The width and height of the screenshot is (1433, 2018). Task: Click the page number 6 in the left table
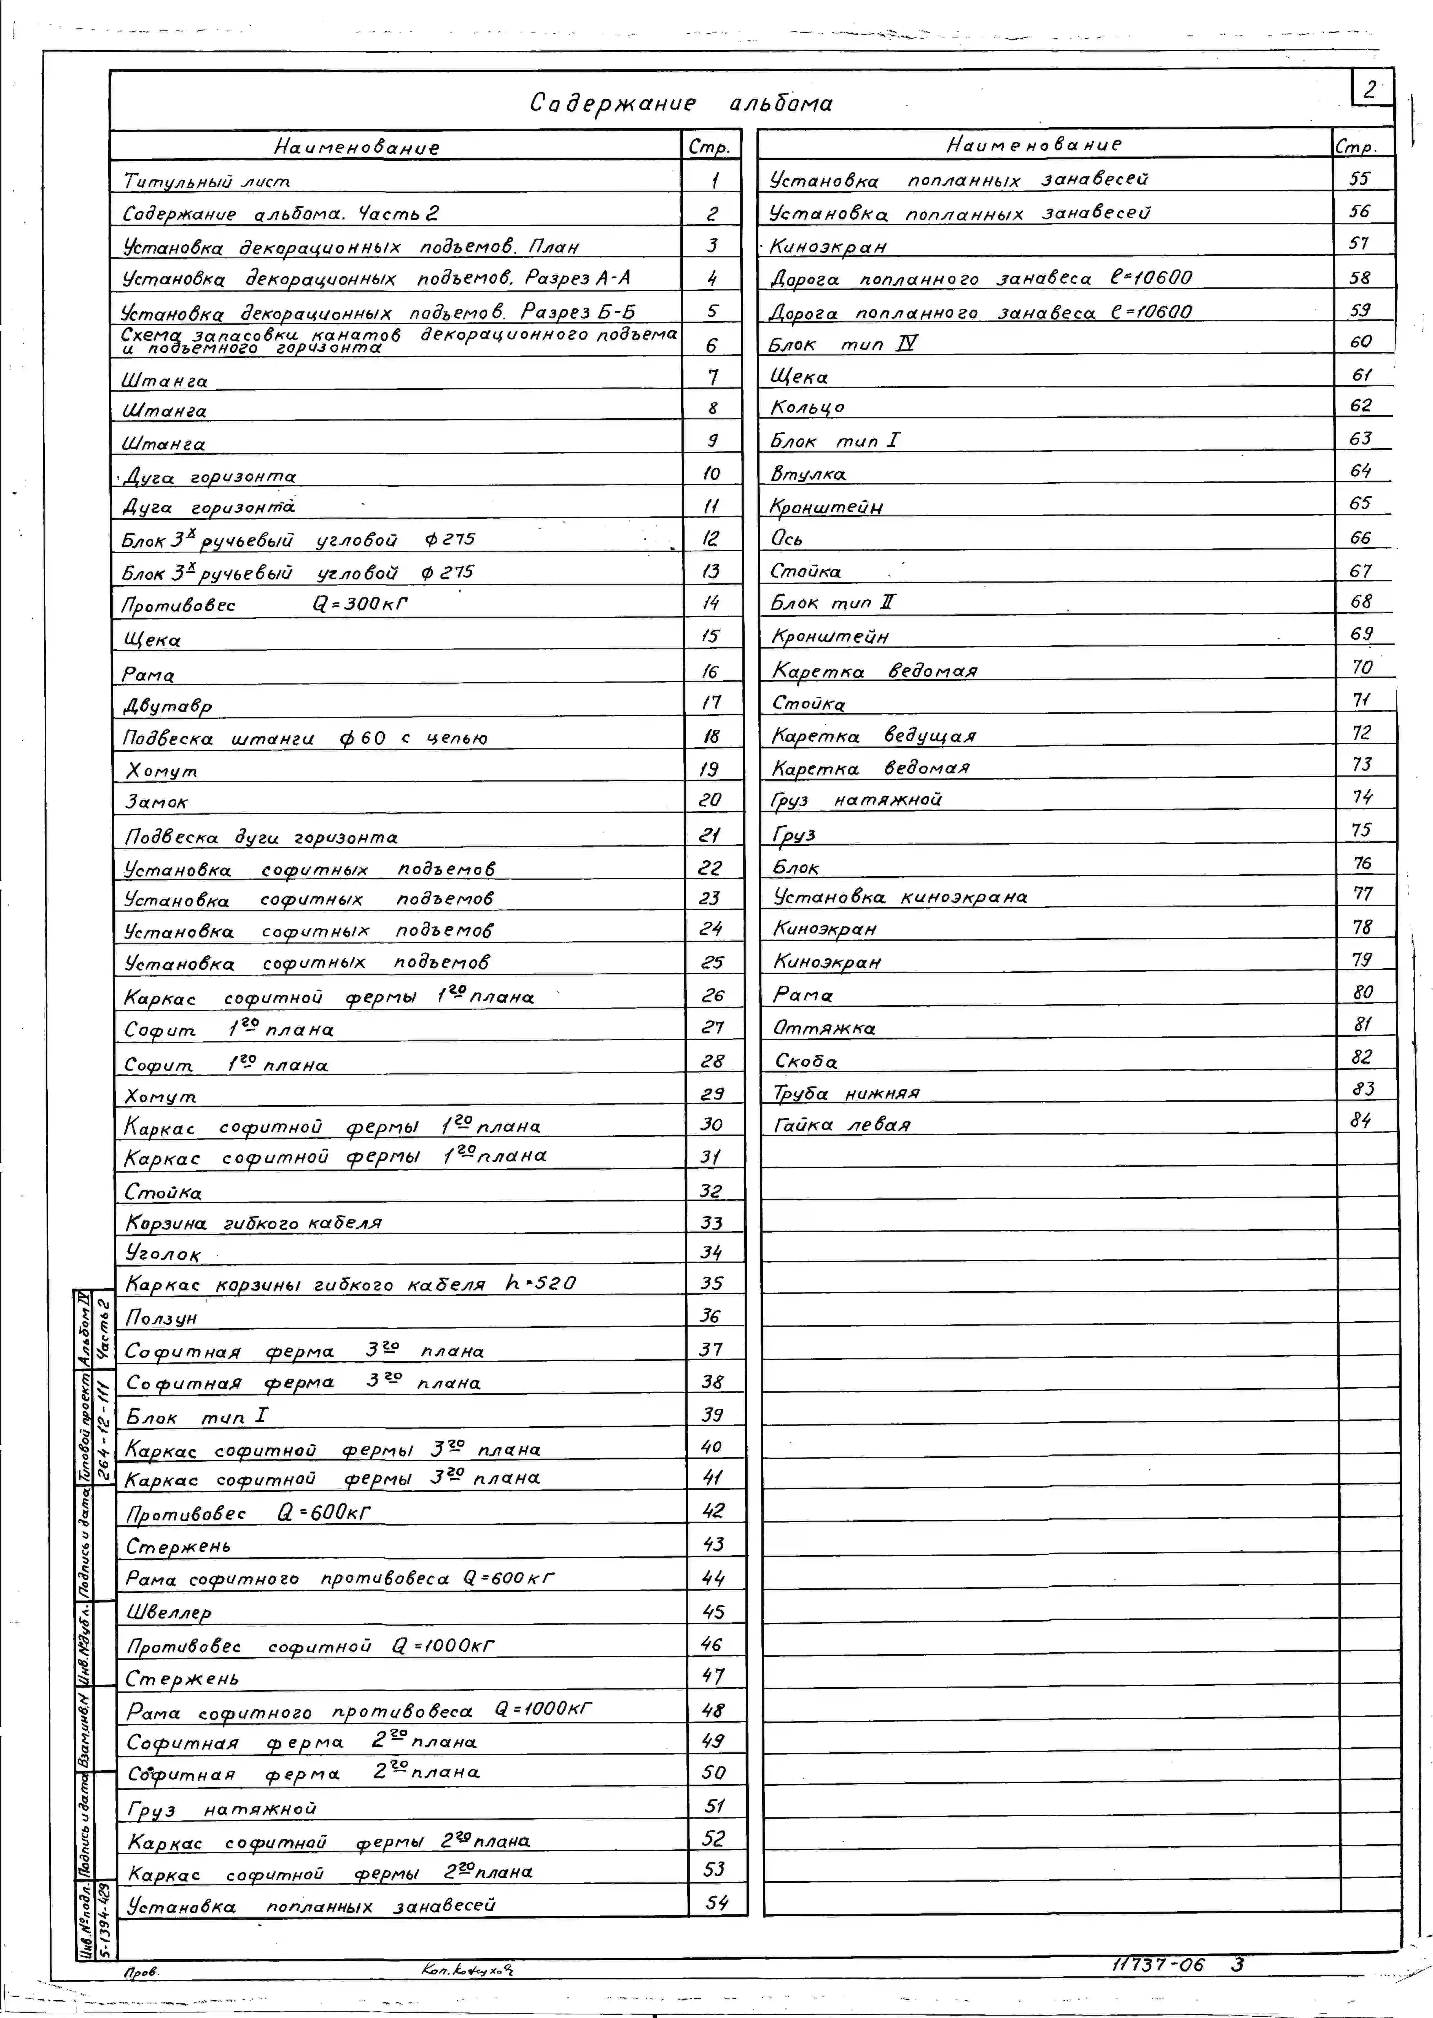[711, 345]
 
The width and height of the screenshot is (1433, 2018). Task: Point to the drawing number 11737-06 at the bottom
[1158, 1964]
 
